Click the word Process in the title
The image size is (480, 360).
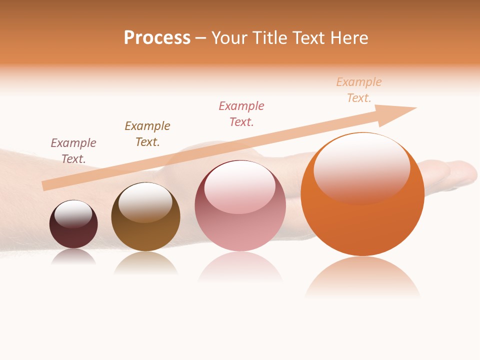coord(157,38)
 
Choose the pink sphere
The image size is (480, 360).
coord(240,225)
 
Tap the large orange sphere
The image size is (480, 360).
coord(362,220)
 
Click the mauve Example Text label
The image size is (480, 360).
coord(73,150)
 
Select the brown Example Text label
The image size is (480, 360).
coord(147,133)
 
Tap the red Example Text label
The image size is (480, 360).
coord(241,113)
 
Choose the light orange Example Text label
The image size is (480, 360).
coord(359,89)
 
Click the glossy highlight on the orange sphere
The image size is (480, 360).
coord(361,167)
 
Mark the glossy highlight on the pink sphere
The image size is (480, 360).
coord(239,186)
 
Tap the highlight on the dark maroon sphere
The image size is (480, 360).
coord(73,213)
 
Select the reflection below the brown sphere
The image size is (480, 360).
coord(145,262)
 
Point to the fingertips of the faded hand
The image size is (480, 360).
coord(467,172)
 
